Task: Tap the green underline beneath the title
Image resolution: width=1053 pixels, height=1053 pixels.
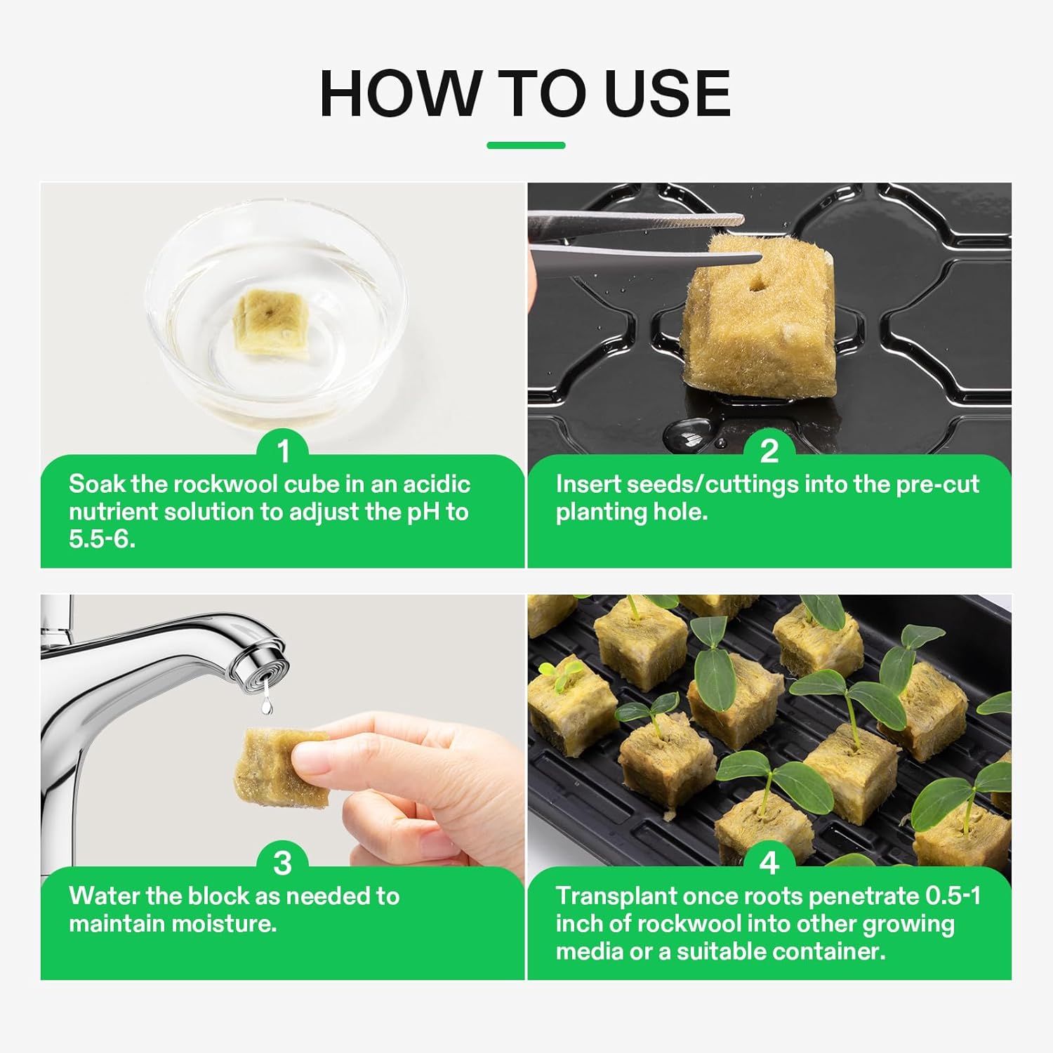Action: (x=526, y=145)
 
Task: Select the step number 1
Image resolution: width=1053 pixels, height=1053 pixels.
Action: (x=284, y=451)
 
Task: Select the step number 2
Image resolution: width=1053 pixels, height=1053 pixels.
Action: (x=769, y=451)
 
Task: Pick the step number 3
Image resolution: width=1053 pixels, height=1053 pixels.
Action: (x=282, y=863)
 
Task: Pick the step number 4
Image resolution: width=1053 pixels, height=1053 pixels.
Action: (x=769, y=863)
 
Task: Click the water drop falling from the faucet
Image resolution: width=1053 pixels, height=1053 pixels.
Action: (x=266, y=704)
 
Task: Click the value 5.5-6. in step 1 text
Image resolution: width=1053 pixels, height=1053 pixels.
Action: (x=102, y=539)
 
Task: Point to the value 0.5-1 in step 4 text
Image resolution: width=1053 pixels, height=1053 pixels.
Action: (x=953, y=896)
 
